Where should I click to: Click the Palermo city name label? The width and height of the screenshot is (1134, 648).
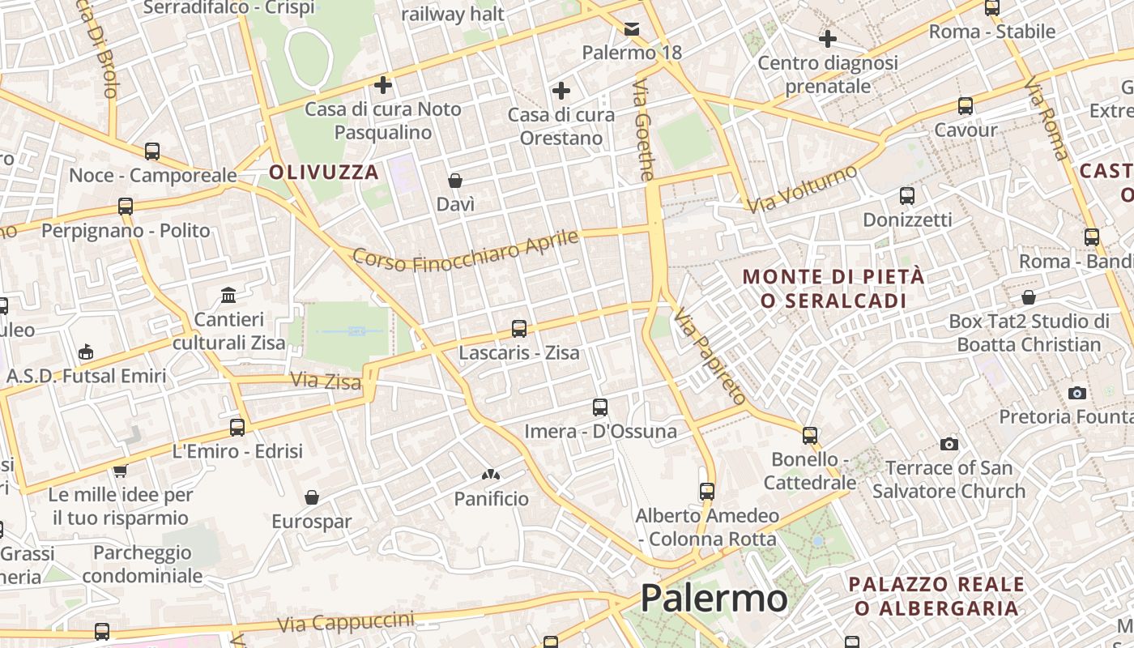713,599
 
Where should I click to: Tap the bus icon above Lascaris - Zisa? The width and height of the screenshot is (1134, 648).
519,329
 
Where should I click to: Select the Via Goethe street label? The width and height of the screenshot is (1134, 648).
643,130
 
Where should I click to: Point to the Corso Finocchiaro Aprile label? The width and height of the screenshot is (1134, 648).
467,250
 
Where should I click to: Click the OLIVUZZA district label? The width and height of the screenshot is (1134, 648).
324,172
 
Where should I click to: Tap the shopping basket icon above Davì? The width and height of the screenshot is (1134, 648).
455,180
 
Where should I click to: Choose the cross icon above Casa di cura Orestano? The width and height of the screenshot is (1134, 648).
561,90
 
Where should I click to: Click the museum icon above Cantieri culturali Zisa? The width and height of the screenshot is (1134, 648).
228,295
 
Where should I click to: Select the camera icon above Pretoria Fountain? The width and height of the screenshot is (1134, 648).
1077,393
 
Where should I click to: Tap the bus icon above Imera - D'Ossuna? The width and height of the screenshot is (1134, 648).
600,407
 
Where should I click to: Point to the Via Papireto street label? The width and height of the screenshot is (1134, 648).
710,356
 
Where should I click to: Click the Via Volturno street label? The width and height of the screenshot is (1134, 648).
801,190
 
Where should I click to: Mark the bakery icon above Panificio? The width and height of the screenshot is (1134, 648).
491,475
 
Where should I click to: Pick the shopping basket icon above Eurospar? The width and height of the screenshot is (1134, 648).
312,497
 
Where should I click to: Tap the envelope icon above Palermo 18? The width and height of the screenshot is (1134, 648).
632,29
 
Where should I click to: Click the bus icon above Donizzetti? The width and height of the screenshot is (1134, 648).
907,195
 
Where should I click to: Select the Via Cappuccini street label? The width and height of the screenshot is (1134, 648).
346,623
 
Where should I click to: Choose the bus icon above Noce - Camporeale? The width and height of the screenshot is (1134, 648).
152,151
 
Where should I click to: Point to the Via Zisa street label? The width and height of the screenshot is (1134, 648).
326,380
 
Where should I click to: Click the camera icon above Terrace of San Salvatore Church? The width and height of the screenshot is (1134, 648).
949,444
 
